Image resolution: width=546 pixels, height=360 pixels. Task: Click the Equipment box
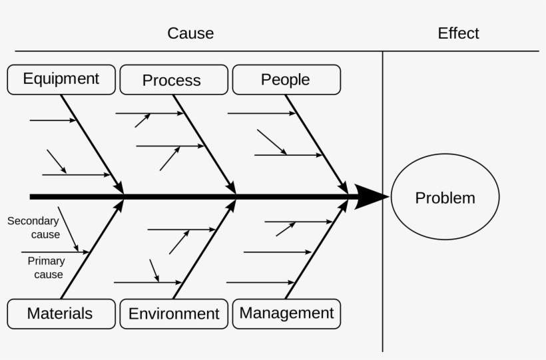coord(61,79)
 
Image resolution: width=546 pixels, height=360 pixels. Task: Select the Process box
coord(171,80)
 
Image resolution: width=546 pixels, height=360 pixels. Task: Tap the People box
coord(286,79)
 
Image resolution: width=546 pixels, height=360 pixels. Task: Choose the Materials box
coord(60,313)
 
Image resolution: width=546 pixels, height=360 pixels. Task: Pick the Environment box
coord(174,313)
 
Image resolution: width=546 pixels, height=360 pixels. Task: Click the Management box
coord(286,313)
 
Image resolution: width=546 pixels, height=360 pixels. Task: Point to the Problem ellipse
coord(445,197)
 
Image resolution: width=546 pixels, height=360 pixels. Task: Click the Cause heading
coord(190,33)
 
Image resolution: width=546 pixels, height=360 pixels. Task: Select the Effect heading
coord(458,33)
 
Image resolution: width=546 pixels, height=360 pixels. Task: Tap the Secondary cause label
coord(33,228)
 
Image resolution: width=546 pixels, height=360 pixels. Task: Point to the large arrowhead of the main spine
coord(370,197)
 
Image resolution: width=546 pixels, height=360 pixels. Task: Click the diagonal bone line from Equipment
coord(91,144)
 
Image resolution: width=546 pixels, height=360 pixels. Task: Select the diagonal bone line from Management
coord(316,250)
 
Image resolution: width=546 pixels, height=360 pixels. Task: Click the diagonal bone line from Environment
coord(204,250)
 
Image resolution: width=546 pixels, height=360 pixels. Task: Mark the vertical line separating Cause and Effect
coord(382,266)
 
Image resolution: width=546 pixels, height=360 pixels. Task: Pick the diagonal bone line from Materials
coord(91,250)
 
